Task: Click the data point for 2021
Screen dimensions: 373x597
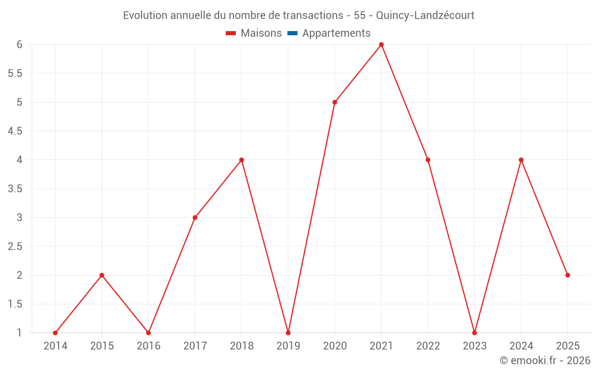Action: coord(381,45)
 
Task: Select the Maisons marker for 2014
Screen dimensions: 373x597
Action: coord(56,333)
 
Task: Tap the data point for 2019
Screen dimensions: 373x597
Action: coord(288,333)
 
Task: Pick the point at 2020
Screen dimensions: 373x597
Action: coord(335,102)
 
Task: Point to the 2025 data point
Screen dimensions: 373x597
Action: coord(568,275)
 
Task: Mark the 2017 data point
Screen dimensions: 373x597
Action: coord(195,218)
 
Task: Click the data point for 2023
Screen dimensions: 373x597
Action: coord(475,333)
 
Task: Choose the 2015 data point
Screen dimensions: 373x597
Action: coord(102,275)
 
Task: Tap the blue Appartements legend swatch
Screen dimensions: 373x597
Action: coord(293,33)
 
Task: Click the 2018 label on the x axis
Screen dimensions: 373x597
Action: coord(242,346)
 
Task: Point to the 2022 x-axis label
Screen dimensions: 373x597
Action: coord(428,346)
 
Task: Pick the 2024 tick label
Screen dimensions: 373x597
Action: coord(521,346)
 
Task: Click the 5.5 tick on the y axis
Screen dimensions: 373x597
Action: coord(15,73)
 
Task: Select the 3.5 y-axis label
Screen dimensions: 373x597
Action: coord(15,189)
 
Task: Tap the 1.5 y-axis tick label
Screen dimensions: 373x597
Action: coord(15,304)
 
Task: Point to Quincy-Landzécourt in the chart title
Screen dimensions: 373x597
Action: coord(425,16)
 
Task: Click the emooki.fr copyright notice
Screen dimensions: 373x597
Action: coord(545,360)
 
